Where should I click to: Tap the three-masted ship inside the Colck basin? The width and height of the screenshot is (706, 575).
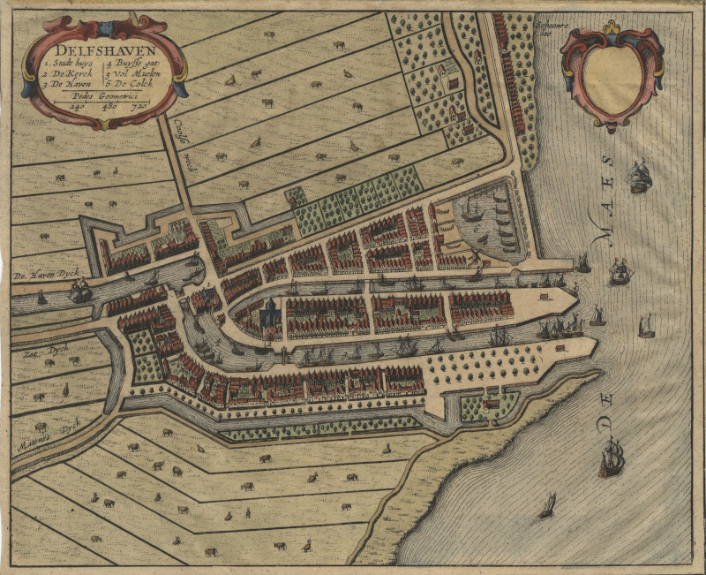pos(470,212)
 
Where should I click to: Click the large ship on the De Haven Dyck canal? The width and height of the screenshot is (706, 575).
pos(80,289)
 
